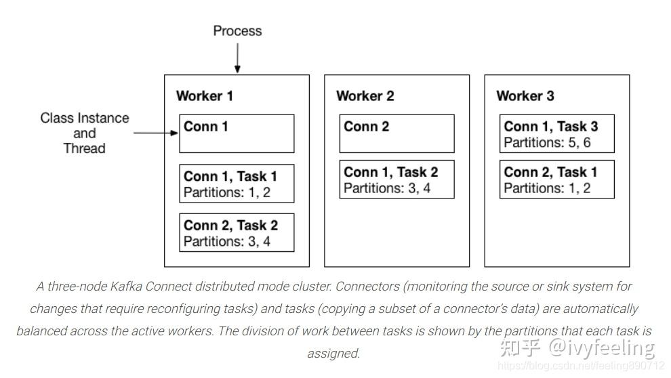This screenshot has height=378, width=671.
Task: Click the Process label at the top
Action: click(x=237, y=30)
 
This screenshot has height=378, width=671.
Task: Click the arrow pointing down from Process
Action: click(x=237, y=58)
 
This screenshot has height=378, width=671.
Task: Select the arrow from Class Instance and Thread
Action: click(x=155, y=133)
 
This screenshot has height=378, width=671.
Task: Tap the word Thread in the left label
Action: click(x=84, y=148)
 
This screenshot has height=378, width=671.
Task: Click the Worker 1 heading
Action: click(x=204, y=96)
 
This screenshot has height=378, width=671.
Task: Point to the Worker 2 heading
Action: click(x=365, y=96)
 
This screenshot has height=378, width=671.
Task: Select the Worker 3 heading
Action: click(x=525, y=96)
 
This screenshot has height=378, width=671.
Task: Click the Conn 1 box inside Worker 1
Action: click(x=237, y=133)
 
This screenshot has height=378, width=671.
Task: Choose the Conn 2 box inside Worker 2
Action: click(x=396, y=133)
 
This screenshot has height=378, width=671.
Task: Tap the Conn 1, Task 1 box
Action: click(x=237, y=184)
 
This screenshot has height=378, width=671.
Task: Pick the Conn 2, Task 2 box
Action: click(x=237, y=233)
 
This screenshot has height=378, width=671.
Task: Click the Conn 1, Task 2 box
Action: click(x=396, y=180)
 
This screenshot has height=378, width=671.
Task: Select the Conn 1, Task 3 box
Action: click(x=556, y=134)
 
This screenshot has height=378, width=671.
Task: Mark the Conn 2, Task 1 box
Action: click(x=556, y=180)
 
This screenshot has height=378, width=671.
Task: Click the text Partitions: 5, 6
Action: click(x=547, y=143)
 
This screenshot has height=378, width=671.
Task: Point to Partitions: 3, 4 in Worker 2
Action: click(x=386, y=188)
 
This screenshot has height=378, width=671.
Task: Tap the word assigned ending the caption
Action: click(x=333, y=353)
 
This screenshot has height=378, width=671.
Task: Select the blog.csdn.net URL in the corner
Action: click(x=580, y=366)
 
